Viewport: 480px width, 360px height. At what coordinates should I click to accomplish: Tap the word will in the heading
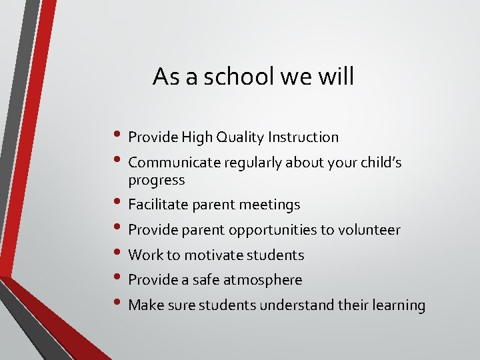[337, 77]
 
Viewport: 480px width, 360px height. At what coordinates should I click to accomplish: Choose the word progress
[156, 181]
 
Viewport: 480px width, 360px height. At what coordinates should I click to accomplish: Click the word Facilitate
[159, 205]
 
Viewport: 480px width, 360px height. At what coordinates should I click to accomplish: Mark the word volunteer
[369, 230]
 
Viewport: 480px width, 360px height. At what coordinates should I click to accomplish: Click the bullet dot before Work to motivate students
[117, 253]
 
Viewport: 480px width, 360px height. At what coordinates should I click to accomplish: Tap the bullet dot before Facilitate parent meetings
[117, 203]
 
